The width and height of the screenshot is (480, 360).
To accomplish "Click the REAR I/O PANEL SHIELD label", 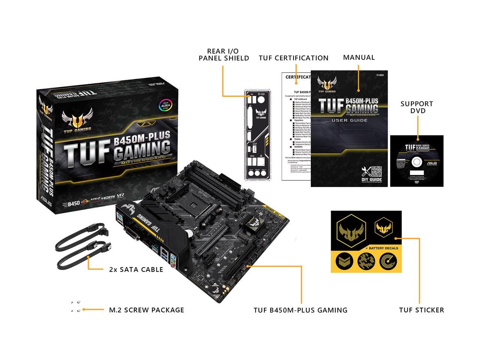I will pos(224,54).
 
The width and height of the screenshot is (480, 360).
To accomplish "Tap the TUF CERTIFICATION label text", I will pos(293,58).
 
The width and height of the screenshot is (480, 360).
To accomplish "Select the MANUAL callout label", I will pos(359,57).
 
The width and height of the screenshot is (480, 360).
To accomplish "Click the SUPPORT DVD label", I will pos(417,107).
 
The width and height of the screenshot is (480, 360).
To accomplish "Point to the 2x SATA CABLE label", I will pos(136,269).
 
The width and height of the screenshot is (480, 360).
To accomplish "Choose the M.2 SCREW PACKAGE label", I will pos(146,310).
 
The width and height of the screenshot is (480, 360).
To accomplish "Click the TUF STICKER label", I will pos(421,310).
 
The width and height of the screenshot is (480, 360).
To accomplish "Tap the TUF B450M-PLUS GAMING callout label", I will pos(300,310).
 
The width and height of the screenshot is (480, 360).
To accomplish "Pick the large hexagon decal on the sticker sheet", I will pos(351,229).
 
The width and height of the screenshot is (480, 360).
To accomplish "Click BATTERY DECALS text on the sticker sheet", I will pos(383,248).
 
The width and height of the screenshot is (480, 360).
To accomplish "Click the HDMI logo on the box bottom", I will pos(108,196).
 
